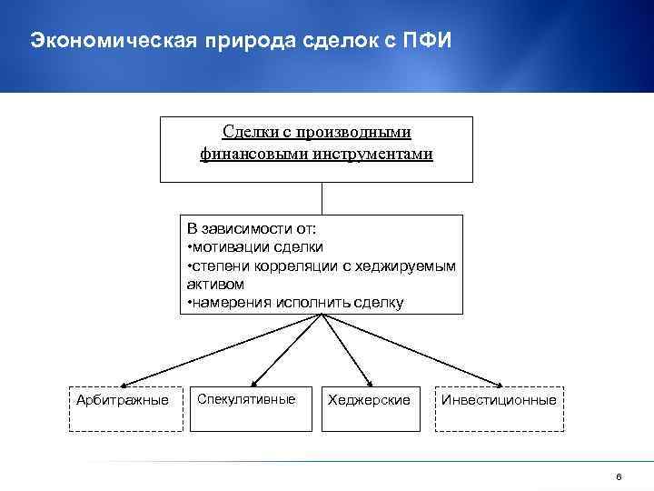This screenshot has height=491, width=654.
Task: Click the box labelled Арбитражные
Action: click(123, 399)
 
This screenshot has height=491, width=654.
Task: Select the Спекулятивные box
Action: click(246, 399)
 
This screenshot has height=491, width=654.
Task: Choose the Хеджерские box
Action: click(369, 399)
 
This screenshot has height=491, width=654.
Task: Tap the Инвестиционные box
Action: click(499, 399)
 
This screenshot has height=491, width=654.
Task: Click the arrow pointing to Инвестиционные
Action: click(418, 351)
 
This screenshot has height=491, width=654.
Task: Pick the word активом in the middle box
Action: click(209, 284)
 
